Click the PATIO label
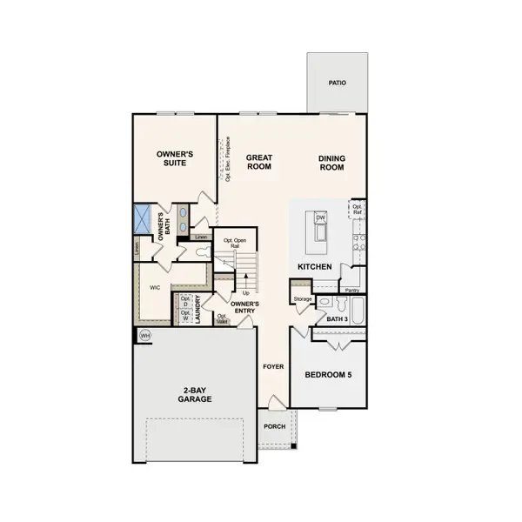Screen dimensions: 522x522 point(337,84)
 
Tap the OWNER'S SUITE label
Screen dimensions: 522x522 point(174,158)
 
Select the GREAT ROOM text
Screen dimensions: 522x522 point(259,162)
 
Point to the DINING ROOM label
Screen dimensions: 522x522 point(331,162)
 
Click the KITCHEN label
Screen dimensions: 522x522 point(313,265)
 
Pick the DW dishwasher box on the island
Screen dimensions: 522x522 point(321,217)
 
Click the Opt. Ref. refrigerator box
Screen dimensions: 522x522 point(357,210)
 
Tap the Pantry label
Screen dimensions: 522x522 point(352,290)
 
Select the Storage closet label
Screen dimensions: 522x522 point(303,299)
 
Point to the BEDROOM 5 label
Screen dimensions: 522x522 point(328,375)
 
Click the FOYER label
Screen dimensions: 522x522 point(273,366)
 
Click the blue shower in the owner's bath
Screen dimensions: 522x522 point(144,217)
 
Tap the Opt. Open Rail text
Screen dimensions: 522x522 point(231,243)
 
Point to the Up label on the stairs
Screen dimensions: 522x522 point(245,292)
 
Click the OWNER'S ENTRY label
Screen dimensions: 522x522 point(246,307)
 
